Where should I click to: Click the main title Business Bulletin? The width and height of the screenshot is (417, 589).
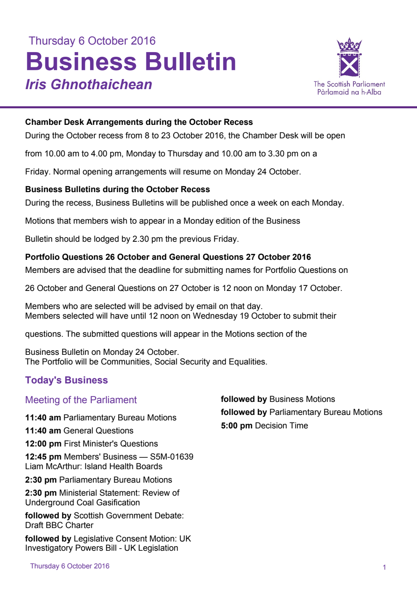131,62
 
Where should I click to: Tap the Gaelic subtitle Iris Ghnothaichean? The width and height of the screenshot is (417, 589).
89,85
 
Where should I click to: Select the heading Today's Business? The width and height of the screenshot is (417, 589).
66,380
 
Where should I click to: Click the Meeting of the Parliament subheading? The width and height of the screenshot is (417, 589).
81,400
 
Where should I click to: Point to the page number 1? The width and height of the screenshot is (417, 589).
384,567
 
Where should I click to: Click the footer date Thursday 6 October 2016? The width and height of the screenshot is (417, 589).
70,566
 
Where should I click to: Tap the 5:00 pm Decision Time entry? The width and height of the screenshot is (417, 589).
264,425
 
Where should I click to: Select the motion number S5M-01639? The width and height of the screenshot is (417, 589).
172,457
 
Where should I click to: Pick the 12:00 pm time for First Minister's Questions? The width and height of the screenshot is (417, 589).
43,444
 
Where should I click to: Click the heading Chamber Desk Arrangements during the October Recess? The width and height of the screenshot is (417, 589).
139,122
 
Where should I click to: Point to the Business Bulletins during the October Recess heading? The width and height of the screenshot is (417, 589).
117,189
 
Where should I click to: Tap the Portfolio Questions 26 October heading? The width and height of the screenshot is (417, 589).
168,257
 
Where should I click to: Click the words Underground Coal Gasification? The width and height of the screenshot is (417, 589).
82,502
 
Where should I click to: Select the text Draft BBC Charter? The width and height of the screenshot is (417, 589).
59,525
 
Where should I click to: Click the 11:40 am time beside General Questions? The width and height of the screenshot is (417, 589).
43,431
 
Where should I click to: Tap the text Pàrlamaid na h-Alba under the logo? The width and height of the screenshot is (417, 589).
349,92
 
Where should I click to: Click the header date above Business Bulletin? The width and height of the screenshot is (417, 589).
92,41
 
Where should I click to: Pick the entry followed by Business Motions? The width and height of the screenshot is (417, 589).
278,399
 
